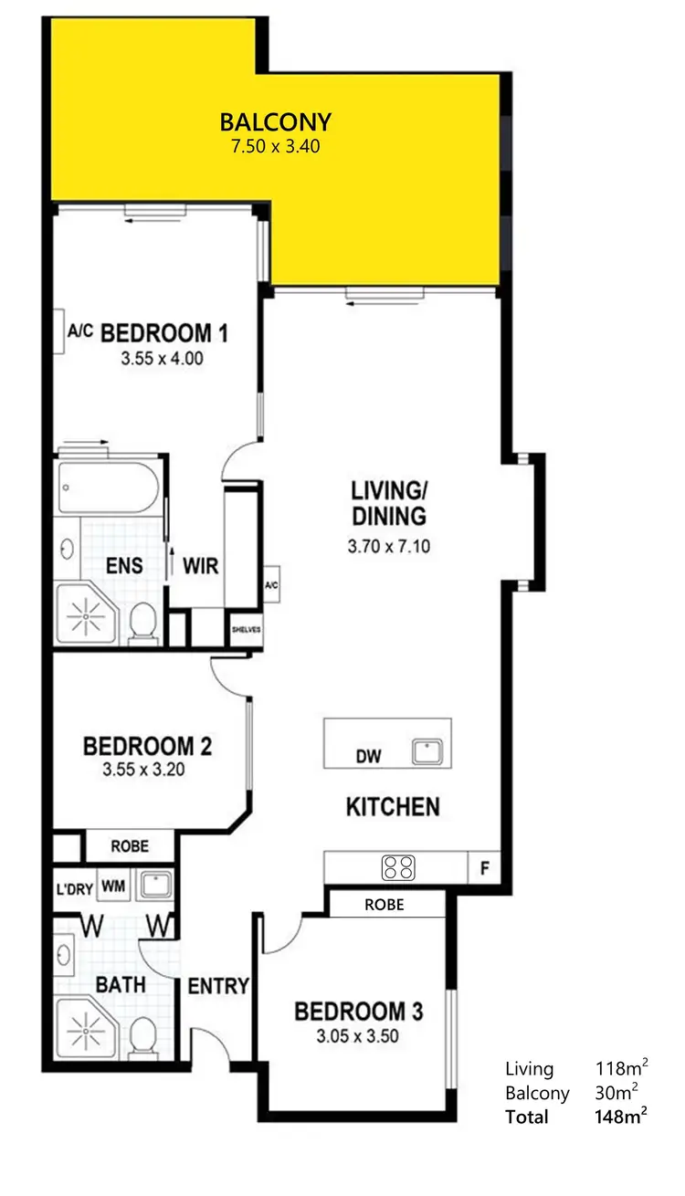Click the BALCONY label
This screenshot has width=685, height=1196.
[275, 121]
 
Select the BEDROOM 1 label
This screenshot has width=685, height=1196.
[163, 332]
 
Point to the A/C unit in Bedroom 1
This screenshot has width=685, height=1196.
[80, 331]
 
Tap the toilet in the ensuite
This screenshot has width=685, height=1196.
[142, 623]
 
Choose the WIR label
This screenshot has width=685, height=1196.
[201, 566]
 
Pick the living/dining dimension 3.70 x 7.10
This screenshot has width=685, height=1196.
[388, 548]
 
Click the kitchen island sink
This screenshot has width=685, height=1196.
[427, 751]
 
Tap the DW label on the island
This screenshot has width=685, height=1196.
[368, 756]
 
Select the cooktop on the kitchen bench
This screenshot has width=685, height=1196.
[398, 867]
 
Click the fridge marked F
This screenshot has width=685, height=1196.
[484, 868]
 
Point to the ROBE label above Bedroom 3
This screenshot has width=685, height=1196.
[384, 905]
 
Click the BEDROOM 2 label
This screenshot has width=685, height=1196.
[148, 746]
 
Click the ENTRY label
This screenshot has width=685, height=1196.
[218, 985]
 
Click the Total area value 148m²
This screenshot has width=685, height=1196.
[624, 1117]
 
